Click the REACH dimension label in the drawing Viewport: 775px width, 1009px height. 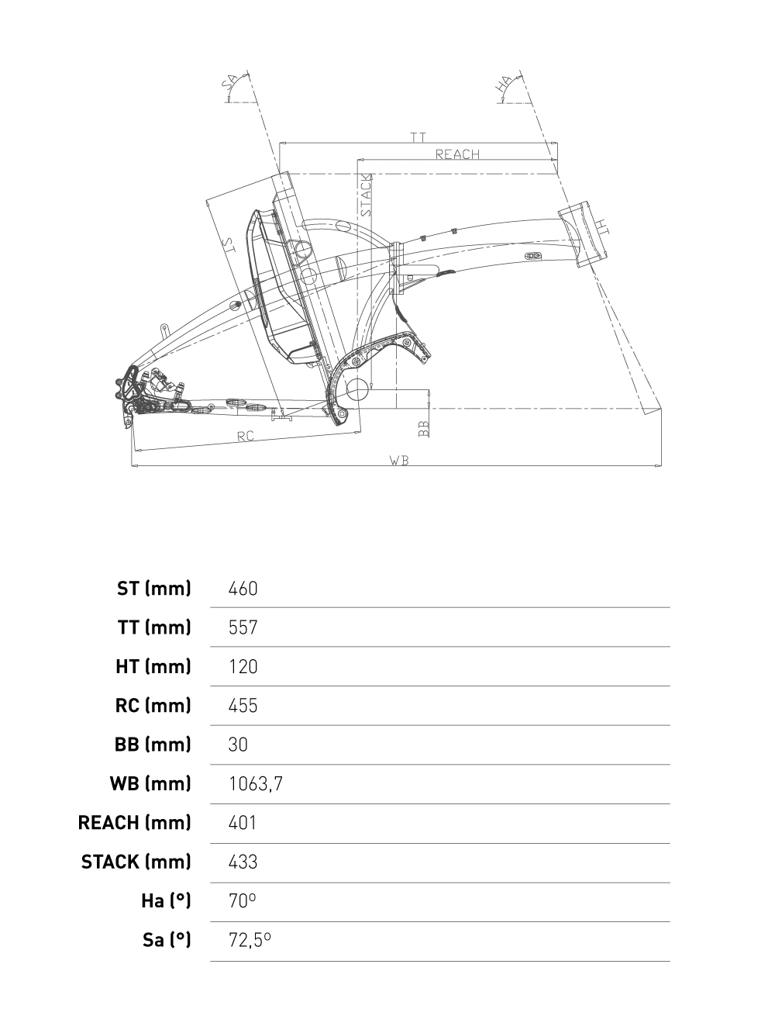coord(457,154)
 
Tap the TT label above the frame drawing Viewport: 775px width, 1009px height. coord(418,137)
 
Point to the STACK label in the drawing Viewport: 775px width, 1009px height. coord(366,195)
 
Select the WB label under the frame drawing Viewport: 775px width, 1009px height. coord(399,460)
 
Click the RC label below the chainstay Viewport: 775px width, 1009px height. coord(246,436)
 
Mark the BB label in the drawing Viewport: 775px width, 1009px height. coord(423,429)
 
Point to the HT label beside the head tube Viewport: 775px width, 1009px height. coord(602,226)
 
